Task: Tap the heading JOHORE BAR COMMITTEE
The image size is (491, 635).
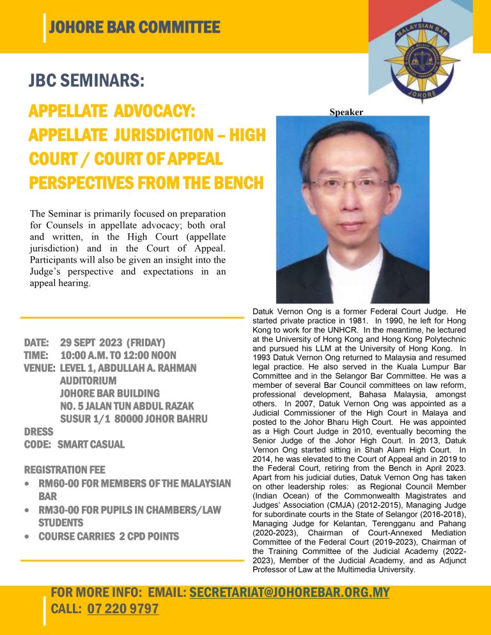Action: (x=134, y=27)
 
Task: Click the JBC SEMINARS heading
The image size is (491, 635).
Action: (x=86, y=81)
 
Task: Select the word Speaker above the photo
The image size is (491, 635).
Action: (x=346, y=112)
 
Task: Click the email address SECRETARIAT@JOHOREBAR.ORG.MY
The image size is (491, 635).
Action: (x=289, y=593)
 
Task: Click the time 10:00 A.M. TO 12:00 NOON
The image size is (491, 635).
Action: (x=118, y=355)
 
